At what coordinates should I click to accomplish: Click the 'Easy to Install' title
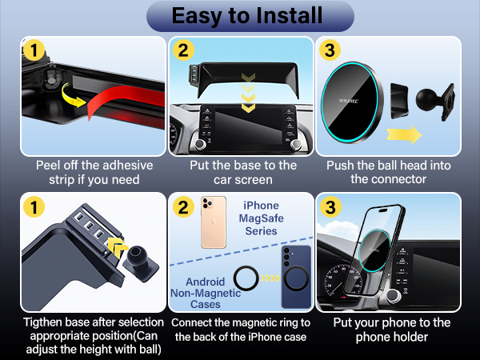click(x=247, y=16)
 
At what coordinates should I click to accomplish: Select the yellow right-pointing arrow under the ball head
click(x=404, y=134)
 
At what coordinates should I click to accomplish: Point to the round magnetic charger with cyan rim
click(x=352, y=102)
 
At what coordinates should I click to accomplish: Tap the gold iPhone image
click(x=214, y=222)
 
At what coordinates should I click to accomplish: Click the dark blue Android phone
click(x=296, y=277)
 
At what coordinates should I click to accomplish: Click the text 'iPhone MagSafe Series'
click(x=261, y=218)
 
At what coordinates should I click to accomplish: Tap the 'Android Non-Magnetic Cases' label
click(x=206, y=293)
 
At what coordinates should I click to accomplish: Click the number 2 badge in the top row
click(x=183, y=50)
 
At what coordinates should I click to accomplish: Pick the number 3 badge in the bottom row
click(x=330, y=207)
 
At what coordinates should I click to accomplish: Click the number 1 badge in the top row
click(x=34, y=50)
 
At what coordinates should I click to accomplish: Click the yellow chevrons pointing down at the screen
click(x=248, y=93)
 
